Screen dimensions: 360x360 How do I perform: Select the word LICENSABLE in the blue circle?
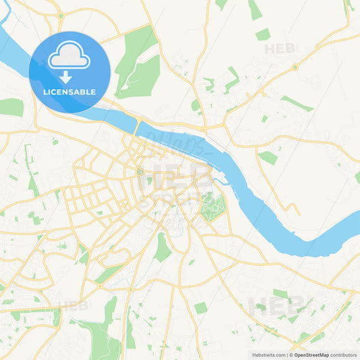69,92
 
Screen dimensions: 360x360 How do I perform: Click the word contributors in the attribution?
343,354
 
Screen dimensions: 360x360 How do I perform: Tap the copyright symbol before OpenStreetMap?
290,354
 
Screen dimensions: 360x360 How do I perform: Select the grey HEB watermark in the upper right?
280,49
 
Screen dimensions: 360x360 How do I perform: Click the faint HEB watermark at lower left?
73,305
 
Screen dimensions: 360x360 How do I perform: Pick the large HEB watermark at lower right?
272,305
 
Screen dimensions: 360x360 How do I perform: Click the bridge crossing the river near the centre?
137,126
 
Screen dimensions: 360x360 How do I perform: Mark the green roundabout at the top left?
61,15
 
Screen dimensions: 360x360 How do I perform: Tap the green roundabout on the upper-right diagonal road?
294,67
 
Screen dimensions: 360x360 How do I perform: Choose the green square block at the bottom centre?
201,308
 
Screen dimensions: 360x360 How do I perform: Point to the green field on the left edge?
10,107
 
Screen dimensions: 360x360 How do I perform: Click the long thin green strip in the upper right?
297,103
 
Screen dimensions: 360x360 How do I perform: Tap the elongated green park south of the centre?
162,248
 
